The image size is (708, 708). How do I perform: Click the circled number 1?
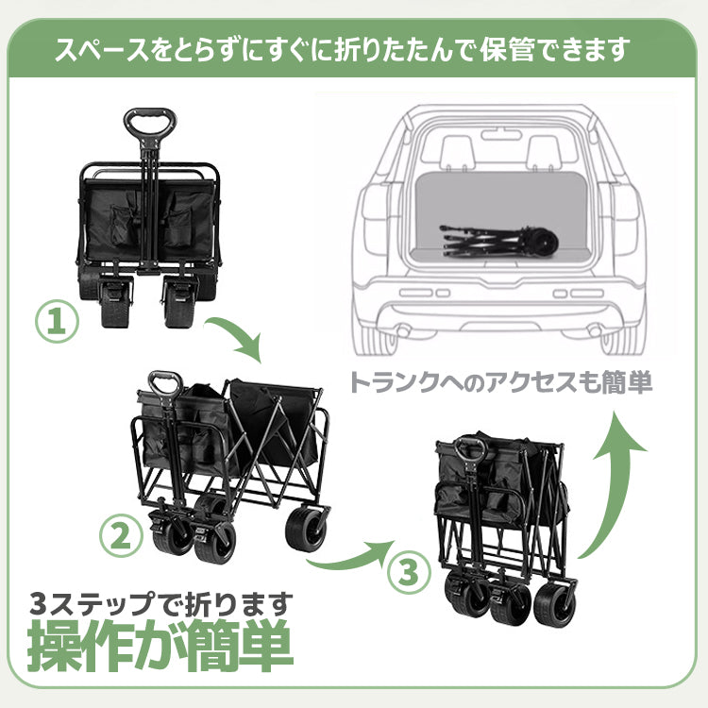[x=57, y=323]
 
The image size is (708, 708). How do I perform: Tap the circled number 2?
[x=121, y=537]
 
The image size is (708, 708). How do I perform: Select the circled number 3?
[x=409, y=573]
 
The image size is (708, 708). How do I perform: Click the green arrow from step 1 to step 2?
[x=240, y=334]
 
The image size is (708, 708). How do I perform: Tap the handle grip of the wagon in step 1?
[x=150, y=121]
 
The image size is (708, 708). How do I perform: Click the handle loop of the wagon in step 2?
[x=165, y=384]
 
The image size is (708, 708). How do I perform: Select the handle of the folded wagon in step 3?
[x=472, y=449]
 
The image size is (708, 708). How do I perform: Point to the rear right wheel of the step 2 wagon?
[x=308, y=529]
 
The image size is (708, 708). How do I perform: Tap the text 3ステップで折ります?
[x=161, y=604]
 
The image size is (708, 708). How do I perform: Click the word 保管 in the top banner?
[x=508, y=49]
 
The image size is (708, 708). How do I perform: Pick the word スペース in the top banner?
[x=102, y=50]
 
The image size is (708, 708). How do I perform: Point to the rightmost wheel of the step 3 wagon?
[x=555, y=604]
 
